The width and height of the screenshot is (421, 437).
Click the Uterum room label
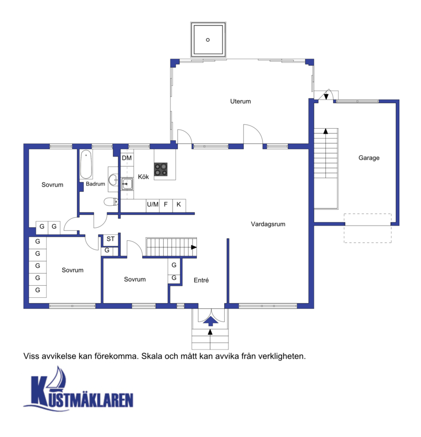(x=240, y=101)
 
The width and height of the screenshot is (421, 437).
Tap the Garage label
(x=369, y=158)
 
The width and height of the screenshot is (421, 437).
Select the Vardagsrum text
(x=268, y=224)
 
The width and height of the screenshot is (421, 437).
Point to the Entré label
(x=201, y=280)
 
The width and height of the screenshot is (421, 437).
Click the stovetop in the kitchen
(x=161, y=169)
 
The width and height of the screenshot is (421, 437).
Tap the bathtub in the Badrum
(x=86, y=164)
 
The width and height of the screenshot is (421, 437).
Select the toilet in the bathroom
(x=111, y=201)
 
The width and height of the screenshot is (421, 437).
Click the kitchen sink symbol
(x=127, y=184)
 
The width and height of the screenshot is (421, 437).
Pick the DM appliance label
(x=127, y=158)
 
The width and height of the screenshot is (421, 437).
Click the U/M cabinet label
(x=153, y=205)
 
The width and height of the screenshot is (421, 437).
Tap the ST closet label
(x=111, y=239)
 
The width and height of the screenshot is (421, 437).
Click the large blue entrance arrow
(x=210, y=321)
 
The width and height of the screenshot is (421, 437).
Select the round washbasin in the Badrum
(x=113, y=179)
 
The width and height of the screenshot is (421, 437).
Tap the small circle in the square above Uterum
(x=207, y=40)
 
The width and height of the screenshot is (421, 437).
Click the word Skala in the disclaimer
(x=151, y=356)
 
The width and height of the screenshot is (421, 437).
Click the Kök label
(x=143, y=177)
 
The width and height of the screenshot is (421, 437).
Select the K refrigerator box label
(x=178, y=205)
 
